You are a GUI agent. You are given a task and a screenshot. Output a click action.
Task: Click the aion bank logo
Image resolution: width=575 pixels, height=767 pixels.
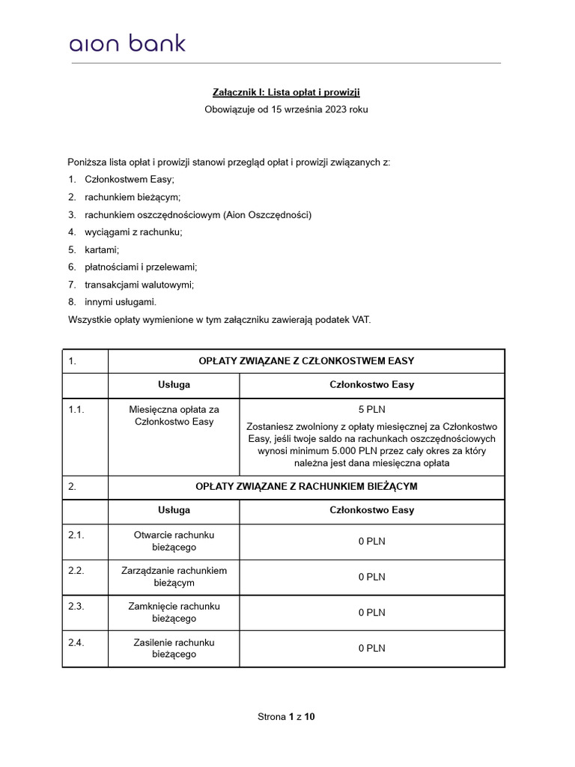tap(127, 43)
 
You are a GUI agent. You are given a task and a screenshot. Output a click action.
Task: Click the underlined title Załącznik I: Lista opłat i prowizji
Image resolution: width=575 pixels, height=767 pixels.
tap(287, 91)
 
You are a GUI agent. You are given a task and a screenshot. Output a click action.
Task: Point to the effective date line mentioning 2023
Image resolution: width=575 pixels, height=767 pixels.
tap(287, 109)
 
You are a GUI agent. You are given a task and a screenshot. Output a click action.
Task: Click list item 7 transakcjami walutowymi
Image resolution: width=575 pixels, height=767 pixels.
tap(134, 285)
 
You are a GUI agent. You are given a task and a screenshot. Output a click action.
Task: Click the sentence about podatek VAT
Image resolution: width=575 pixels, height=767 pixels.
tap(219, 320)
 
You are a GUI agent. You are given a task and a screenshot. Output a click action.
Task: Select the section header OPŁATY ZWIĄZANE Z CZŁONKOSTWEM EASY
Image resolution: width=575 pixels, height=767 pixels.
tap(306, 361)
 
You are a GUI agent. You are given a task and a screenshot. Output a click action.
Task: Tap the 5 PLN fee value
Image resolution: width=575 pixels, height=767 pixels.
tap(371, 410)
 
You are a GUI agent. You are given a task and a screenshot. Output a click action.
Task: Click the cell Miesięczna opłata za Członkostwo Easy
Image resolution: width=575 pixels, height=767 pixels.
tap(174, 416)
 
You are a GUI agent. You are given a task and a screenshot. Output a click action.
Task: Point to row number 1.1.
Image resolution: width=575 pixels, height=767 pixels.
tap(76, 410)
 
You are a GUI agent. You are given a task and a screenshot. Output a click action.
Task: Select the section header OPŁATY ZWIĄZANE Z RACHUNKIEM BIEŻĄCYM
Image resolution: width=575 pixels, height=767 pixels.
tap(306, 487)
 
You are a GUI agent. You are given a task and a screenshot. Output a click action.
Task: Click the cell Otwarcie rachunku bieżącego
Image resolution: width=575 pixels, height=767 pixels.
tap(174, 541)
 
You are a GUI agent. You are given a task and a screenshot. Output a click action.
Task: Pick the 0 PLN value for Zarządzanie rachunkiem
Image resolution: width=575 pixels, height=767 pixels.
tap(371, 577)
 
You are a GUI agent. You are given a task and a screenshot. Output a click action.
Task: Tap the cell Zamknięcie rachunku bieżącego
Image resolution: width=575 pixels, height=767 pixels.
tap(174, 613)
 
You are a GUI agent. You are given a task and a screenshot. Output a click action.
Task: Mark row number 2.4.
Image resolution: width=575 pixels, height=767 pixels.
tap(76, 643)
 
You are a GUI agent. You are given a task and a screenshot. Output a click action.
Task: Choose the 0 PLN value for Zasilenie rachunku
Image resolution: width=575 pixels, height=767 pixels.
tap(371, 649)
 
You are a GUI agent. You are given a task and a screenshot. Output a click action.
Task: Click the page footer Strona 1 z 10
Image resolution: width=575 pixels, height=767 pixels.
tap(287, 717)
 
